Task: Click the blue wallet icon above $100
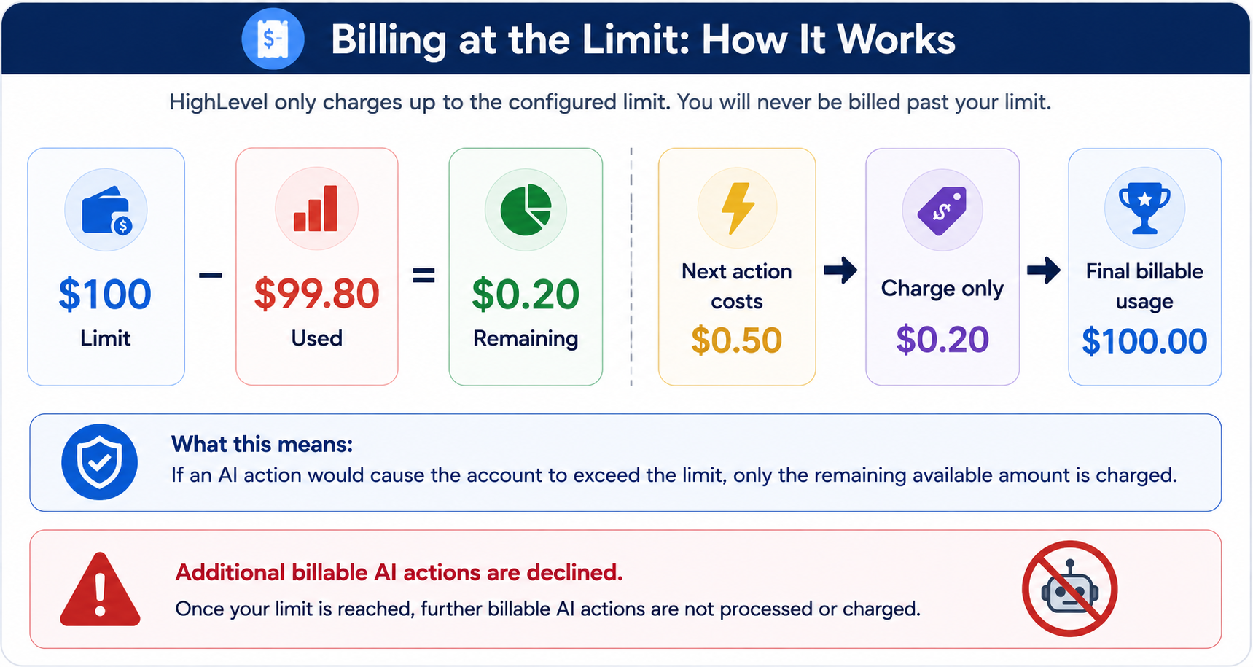106,211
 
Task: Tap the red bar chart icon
316,208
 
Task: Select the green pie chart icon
526,210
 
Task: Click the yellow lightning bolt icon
737,208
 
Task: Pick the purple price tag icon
942,211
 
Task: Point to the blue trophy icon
1144,208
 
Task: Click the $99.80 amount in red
316,294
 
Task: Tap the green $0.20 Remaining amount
526,294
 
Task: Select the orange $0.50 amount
736,340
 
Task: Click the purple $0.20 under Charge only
942,340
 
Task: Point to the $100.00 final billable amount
1144,341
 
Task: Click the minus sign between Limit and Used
210,275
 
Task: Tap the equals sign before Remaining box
423,275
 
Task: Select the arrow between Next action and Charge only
840,270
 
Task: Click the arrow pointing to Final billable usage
1044,270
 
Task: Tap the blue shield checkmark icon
99,462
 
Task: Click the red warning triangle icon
100,590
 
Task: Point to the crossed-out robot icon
1069,588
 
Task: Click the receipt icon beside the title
273,39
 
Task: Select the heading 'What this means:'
262,444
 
